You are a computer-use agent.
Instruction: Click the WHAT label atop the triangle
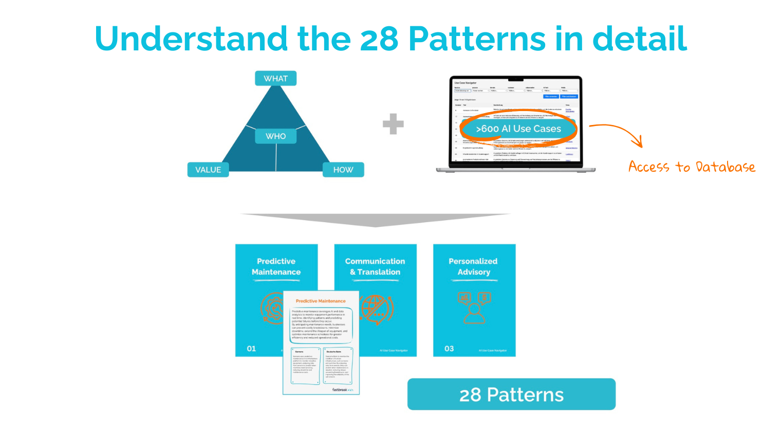click(275, 79)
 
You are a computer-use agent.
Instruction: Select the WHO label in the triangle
click(275, 136)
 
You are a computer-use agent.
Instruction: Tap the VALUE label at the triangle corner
click(208, 170)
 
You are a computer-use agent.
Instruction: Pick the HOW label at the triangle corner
click(343, 170)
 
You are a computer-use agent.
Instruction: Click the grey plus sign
click(393, 124)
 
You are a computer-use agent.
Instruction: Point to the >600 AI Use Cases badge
click(518, 129)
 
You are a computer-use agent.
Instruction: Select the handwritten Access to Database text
click(692, 167)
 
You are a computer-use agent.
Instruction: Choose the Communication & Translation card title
click(375, 266)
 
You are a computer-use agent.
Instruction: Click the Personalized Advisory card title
click(473, 266)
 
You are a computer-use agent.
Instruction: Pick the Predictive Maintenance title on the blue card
click(276, 266)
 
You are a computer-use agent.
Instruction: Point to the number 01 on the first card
click(251, 349)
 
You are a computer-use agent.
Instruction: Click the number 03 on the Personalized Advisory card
click(449, 349)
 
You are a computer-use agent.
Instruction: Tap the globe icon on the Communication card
click(376, 309)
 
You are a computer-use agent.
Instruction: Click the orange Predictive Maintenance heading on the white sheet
click(321, 301)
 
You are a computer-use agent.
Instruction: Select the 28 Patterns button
click(511, 394)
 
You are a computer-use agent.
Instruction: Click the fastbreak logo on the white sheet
click(342, 389)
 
